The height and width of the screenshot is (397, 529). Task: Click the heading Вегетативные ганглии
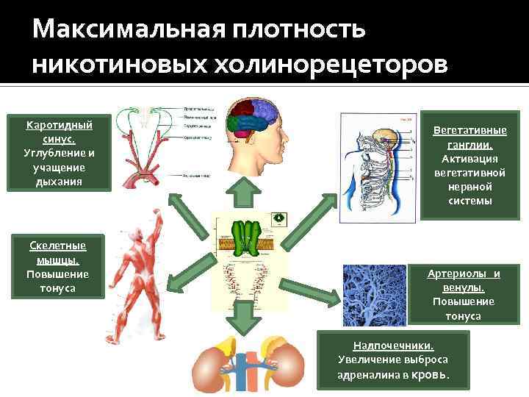(469, 137)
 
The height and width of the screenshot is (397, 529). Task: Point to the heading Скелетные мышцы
(57, 252)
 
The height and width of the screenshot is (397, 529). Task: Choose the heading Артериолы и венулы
(464, 280)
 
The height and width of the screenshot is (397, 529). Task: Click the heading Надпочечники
(393, 345)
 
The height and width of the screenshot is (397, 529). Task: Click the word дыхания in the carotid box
(60, 181)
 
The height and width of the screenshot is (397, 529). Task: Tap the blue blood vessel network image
(374, 295)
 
